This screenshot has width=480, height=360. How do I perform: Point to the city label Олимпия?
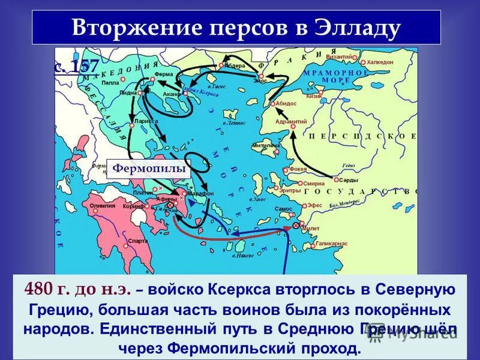pyautogui.click(x=102, y=205)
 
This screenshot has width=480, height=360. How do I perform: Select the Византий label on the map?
pyautogui.click(x=339, y=56)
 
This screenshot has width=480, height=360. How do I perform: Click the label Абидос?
pyautogui.click(x=286, y=103)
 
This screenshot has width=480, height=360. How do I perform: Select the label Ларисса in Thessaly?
pyautogui.click(x=145, y=120)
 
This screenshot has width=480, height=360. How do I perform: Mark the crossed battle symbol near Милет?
pyautogui.click(x=296, y=226)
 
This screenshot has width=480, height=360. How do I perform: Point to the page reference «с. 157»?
pyautogui.click(x=76, y=65)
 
